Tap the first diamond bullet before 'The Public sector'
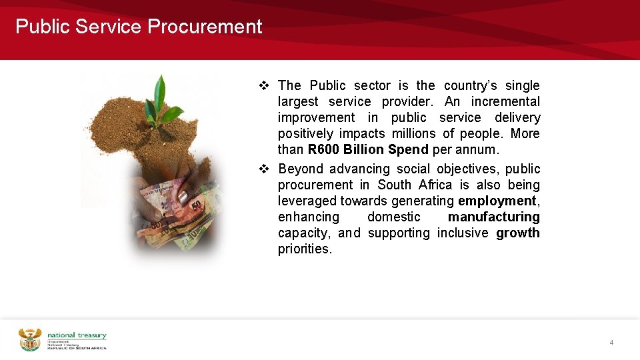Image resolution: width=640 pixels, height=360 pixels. coord(263,86)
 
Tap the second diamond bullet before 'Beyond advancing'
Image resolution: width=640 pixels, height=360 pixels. coord(263,169)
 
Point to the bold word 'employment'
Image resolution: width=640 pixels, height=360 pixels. coord(497,201)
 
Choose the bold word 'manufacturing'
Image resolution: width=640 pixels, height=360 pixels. coord(493,217)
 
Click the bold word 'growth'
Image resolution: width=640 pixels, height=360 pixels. coord(518,233)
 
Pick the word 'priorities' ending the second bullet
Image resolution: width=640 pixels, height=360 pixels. coord(303,249)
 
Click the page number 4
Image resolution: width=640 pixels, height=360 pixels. coord(611,342)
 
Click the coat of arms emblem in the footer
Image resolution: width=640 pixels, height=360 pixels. coord(29,339)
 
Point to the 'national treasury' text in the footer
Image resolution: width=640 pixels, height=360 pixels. coord(77,335)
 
